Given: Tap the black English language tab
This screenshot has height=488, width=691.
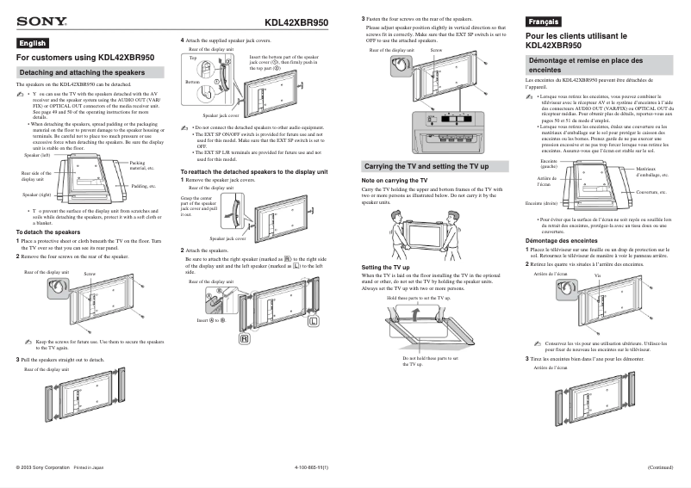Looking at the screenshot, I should coord(33,43).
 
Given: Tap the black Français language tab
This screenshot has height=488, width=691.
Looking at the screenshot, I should coord(544,21).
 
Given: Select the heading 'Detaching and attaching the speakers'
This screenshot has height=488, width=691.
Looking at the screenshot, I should coord(82,72).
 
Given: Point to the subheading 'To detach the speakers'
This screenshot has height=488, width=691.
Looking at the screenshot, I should coord(48,232).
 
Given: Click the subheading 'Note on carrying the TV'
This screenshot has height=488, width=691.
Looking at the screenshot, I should coord(394,181).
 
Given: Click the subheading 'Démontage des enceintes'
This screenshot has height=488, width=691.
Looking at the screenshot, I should coord(561,241).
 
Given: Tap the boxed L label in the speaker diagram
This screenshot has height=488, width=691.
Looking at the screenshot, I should coord(314,321).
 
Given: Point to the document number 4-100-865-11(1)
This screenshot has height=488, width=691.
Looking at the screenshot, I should coord(313,466).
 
